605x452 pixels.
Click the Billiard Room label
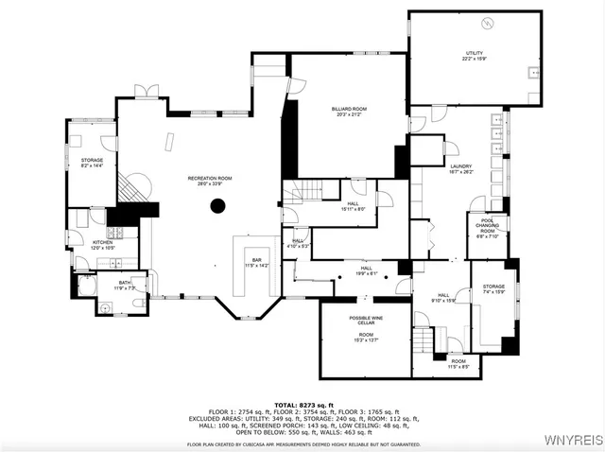pos(349,112)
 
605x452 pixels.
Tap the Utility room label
pos(475,55)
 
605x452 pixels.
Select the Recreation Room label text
pos(209,181)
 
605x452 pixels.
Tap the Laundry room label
pos(460,169)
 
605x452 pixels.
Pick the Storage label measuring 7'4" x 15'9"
pos(493,288)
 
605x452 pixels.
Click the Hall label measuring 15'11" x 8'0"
pos(353,206)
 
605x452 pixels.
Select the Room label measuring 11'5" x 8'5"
pos(458,363)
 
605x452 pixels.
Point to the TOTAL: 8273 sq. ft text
pos(302,405)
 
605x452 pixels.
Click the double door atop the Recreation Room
pos(146,91)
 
